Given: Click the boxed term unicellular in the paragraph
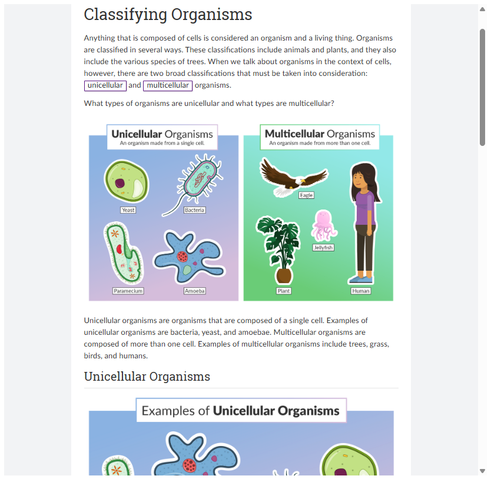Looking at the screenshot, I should [x=105, y=85].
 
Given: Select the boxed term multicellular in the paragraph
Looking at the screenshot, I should [x=168, y=85].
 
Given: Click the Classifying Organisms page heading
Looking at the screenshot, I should [x=168, y=15].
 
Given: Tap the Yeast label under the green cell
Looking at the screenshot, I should [x=128, y=210].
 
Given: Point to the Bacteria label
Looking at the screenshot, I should [x=194, y=210].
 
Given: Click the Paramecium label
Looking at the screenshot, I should [x=128, y=291].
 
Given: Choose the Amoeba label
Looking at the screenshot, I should [x=194, y=291].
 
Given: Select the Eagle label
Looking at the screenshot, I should [x=306, y=195].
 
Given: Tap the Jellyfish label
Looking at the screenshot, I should [x=323, y=248].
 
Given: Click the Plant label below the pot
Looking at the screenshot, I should [x=284, y=291].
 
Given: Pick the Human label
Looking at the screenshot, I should [x=360, y=291].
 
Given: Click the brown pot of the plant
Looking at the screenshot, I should [x=284, y=275].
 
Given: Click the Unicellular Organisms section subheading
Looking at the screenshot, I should [x=147, y=377].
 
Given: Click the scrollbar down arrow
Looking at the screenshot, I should [x=483, y=471].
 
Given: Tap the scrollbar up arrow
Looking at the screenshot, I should [x=483, y=9].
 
